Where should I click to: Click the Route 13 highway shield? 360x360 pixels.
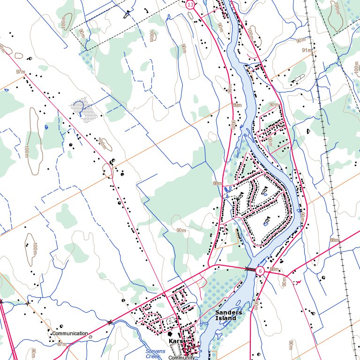click(190, 5)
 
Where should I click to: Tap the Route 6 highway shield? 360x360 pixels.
click(260, 271)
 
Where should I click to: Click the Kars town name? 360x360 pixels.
click(175, 341)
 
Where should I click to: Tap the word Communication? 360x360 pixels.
click(70, 334)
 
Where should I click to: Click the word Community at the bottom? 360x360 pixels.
click(181, 358)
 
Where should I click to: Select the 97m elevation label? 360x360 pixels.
click(20, 72)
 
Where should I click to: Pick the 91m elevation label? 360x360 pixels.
click(307, 50)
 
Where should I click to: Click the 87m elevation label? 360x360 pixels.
click(61, 344)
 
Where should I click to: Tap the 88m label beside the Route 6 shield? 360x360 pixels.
click(275, 270)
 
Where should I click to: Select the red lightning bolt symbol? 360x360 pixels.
click(296, 283)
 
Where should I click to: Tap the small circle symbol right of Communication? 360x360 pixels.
click(90, 337)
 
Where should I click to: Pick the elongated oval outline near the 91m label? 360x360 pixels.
click(298, 77)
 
